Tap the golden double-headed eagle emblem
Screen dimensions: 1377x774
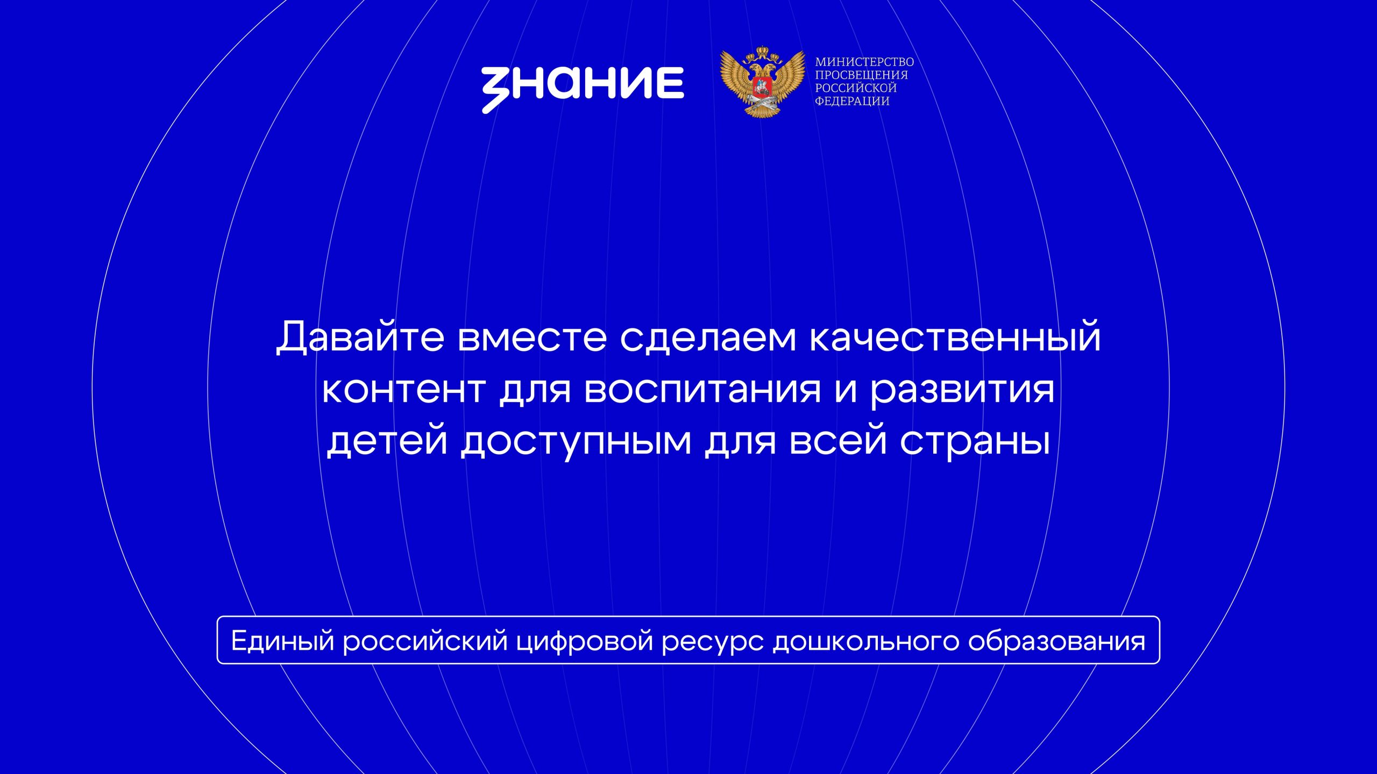(762, 82)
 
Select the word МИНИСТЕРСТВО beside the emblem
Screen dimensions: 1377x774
(864, 62)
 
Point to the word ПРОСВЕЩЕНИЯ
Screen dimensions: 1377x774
(861, 75)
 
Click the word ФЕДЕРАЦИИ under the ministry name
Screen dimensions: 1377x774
(852, 101)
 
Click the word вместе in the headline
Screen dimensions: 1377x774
(533, 339)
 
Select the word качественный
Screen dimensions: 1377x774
(955, 336)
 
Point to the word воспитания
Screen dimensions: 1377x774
(702, 390)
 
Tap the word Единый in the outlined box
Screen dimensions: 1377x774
(283, 640)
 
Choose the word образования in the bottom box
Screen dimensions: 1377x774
(1056, 640)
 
